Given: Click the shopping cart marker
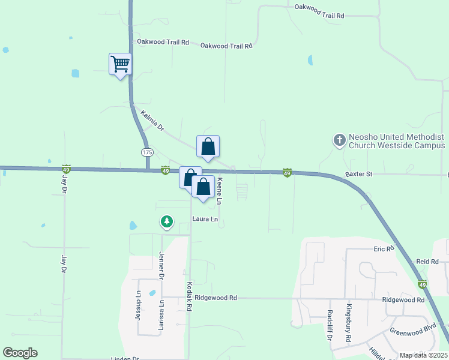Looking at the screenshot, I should [120, 63].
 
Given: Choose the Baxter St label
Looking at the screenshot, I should [359, 174].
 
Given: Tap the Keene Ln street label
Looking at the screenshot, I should [220, 191].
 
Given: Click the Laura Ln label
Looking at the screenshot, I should [205, 219].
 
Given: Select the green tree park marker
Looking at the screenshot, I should [167, 222].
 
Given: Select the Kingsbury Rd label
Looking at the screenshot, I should [348, 323].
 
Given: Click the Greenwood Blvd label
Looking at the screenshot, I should [412, 331].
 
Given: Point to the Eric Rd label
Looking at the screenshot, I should [384, 248].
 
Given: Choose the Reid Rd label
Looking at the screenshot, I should [427, 262].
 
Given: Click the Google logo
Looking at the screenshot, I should [20, 353].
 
